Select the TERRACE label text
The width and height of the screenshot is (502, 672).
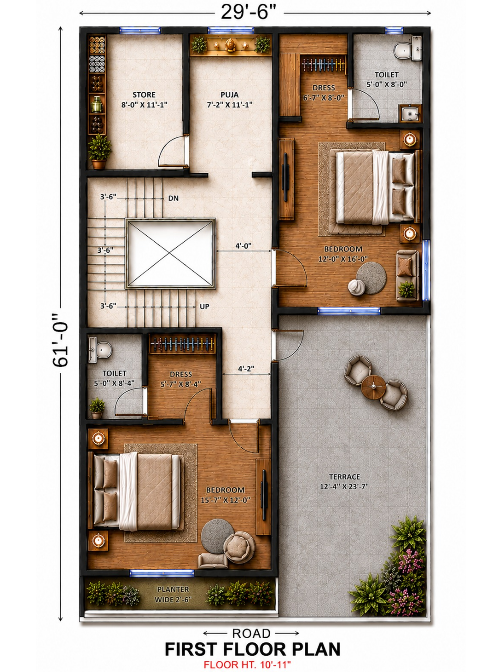pos(344,477)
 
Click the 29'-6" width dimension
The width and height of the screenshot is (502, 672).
pos(248,13)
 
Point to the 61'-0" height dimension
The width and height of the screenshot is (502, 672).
pos(60,340)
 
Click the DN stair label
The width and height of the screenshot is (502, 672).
pos(174,198)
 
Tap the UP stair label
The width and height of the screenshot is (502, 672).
pos(204,307)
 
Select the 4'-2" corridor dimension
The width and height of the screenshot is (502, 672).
pos(246,369)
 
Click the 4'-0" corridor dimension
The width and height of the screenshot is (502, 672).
pos(243,245)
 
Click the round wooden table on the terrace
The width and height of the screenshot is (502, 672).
pos(373,387)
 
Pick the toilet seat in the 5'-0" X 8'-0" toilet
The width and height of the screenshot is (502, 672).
pos(402,50)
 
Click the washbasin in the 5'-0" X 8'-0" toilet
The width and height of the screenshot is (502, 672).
pos(410,113)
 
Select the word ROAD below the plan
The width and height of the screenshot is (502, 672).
pos(251,634)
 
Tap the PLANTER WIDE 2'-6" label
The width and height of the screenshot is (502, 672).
pos(174,594)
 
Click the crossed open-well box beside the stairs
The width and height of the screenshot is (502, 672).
pos(170,253)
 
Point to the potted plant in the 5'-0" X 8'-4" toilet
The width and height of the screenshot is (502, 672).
pos(97,408)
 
